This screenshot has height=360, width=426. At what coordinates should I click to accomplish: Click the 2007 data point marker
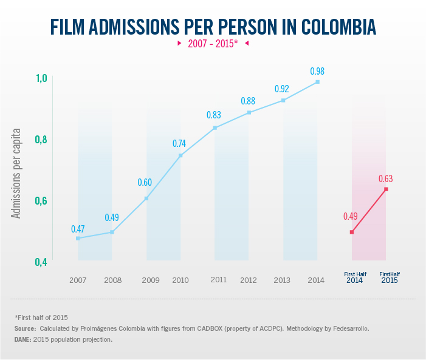78,238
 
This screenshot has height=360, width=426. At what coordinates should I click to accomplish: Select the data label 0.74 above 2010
179,144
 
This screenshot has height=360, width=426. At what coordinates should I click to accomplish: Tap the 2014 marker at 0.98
317,82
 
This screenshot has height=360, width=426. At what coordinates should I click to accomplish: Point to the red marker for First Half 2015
386,189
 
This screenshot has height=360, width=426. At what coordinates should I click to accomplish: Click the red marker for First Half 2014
352,232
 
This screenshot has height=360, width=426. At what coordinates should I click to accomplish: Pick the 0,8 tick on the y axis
41,140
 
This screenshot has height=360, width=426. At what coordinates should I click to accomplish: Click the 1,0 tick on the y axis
41,78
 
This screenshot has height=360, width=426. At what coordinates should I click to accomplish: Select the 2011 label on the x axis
219,280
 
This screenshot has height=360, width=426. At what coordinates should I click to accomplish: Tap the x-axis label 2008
112,280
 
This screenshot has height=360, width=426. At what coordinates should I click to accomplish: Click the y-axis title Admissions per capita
18,173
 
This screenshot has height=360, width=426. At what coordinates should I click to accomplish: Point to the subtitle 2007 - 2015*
213,44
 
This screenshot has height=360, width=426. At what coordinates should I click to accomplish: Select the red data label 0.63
386,178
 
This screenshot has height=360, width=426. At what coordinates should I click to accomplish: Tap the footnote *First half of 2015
41,318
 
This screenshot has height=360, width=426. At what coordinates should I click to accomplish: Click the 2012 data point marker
249,112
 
